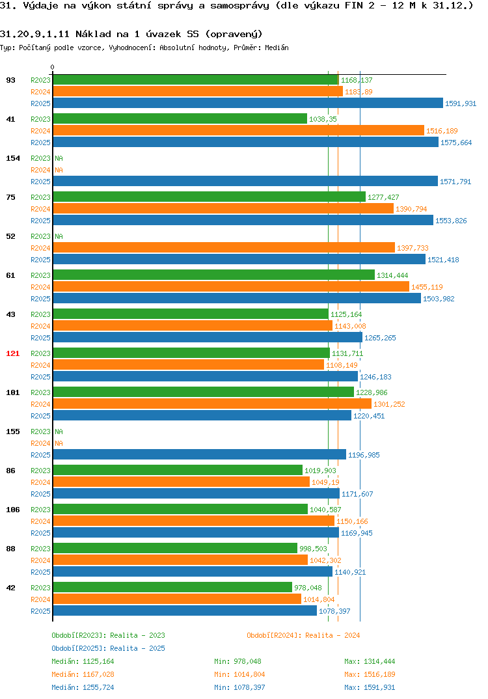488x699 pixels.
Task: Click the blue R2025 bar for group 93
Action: pyautogui.click(x=248, y=103)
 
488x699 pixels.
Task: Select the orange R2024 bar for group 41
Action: pyautogui.click(x=238, y=130)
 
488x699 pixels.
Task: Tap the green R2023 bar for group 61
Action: pyautogui.click(x=214, y=275)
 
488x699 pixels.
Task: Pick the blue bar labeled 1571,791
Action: pyautogui.click(x=245, y=181)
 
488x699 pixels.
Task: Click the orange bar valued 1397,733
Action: pyautogui.click(x=224, y=247)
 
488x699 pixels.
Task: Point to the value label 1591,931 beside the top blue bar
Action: pyautogui.click(x=461, y=103)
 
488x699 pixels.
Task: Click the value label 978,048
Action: pyautogui.click(x=308, y=588)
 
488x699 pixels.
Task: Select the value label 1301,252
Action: pyautogui.click(x=390, y=404)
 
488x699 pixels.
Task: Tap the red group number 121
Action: pyautogui.click(x=13, y=353)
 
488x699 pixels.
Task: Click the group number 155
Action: pyautogui.click(x=13, y=432)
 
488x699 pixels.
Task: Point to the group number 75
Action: pyautogui.click(x=10, y=197)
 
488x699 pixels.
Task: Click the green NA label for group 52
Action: pyautogui.click(x=59, y=236)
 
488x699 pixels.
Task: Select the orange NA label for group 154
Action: pyautogui.click(x=59, y=170)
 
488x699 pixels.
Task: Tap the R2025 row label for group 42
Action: pyautogui.click(x=40, y=611)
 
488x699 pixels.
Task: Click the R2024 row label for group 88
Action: pyautogui.click(x=40, y=560)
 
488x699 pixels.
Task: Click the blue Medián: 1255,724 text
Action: pyautogui.click(x=83, y=687)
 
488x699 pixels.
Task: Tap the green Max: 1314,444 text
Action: pyautogui.click(x=370, y=661)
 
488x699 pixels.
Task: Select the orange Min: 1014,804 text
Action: pyautogui.click(x=239, y=674)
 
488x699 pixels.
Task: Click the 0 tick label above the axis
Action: pyautogui.click(x=53, y=67)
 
